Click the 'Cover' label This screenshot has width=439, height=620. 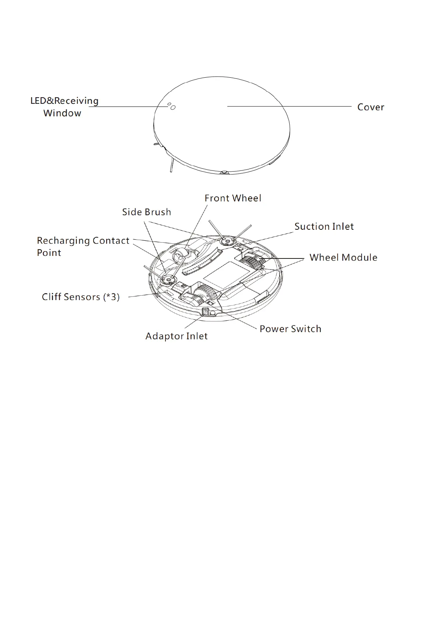click(x=370, y=107)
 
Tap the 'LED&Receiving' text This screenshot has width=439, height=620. click(x=65, y=101)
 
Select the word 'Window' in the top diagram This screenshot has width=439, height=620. click(x=62, y=113)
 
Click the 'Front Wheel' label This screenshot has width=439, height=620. click(x=233, y=198)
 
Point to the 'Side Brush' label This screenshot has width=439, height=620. click(x=147, y=212)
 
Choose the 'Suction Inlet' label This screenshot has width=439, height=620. click(x=324, y=226)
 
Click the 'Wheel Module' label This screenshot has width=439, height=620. click(x=343, y=257)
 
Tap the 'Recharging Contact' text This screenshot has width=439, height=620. click(x=83, y=241)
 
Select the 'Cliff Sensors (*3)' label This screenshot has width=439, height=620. click(x=81, y=297)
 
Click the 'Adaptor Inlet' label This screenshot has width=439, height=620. click(x=177, y=336)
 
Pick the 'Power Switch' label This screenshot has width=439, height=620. click(x=290, y=329)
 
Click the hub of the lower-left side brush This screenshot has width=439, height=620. click(x=168, y=280)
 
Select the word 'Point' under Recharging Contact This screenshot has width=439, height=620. click(x=49, y=253)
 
